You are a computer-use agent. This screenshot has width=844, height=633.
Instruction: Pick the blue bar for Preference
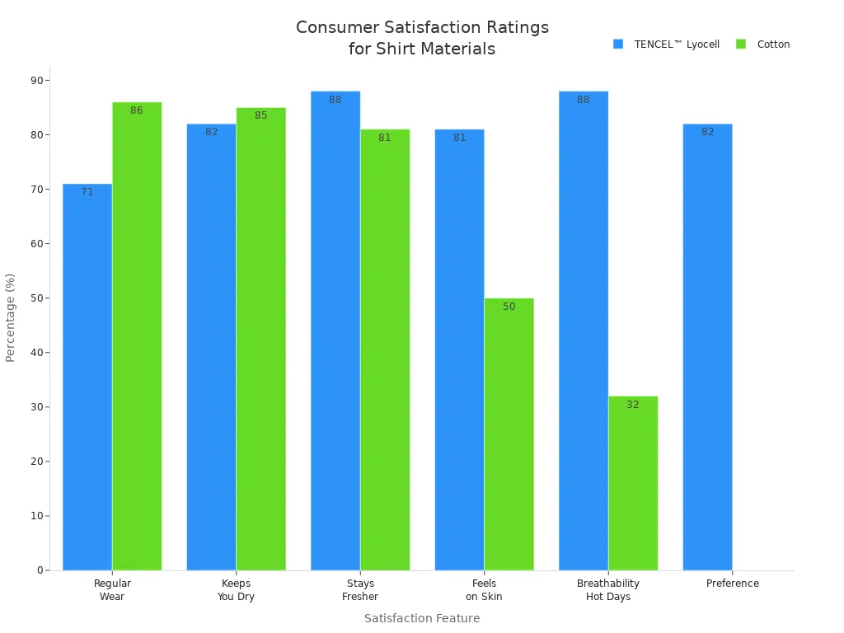coord(707,347)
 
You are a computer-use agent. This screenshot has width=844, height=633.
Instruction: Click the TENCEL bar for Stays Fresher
coord(335,331)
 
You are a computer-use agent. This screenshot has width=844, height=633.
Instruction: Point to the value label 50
coord(509,307)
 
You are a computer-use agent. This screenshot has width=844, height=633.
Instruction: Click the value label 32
coord(633,405)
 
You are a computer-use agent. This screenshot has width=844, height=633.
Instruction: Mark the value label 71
coord(87,192)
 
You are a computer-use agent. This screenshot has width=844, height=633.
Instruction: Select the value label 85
coord(260,115)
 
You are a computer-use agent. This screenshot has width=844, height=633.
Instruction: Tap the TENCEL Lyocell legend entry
coord(667,45)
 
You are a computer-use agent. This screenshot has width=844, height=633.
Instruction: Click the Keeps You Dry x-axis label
coord(236,590)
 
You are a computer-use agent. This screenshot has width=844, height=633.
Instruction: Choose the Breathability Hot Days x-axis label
coord(608,590)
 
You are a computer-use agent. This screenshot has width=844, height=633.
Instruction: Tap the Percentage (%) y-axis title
coord(11,317)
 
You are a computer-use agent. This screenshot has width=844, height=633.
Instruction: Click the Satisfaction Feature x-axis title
coord(422,618)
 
